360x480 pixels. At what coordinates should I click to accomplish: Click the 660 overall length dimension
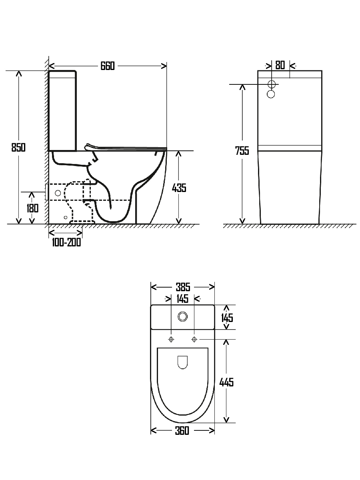click(107, 66)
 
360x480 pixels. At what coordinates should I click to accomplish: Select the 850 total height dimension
click(18, 147)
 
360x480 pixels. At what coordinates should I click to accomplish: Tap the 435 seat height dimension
click(179, 187)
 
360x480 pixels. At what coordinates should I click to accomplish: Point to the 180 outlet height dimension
click(33, 208)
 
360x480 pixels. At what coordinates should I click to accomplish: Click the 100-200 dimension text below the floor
click(66, 242)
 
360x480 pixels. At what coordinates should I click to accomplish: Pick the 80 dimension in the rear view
click(280, 65)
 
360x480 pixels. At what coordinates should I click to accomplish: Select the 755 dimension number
click(242, 151)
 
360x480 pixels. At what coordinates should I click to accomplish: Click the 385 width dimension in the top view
click(182, 287)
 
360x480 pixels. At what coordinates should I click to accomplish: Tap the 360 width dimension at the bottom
click(182, 430)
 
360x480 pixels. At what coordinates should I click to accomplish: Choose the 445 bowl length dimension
click(226, 382)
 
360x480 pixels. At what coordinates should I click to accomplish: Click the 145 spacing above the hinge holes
click(182, 298)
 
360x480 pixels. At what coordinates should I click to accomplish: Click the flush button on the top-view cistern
click(183, 316)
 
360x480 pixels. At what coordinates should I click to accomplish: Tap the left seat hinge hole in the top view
click(171, 339)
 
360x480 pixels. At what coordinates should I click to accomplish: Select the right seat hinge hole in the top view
click(194, 339)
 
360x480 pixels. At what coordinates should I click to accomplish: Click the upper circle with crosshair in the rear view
click(272, 84)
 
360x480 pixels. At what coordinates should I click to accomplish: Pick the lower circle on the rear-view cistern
click(271, 94)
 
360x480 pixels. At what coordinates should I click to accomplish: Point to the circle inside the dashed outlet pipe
click(58, 193)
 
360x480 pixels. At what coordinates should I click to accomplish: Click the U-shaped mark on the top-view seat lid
click(183, 362)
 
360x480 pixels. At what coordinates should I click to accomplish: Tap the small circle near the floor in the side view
click(66, 217)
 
